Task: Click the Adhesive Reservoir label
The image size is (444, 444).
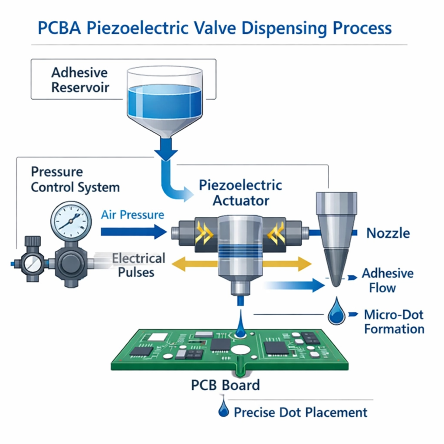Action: [80, 80]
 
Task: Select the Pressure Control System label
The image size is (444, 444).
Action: [75, 180]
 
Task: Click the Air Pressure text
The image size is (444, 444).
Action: [133, 215]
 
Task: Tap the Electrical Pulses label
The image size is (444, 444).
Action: [138, 265]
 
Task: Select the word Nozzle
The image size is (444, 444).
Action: [388, 233]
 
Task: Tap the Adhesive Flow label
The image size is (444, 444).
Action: [387, 281]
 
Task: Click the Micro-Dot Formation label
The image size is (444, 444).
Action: [394, 321]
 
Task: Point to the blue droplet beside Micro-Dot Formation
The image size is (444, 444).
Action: [336, 313]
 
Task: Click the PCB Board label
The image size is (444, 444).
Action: [225, 385]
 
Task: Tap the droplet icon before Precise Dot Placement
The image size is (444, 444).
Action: [224, 409]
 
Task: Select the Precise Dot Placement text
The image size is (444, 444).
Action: [300, 412]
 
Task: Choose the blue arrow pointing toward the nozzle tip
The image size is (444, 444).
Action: [295, 284]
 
